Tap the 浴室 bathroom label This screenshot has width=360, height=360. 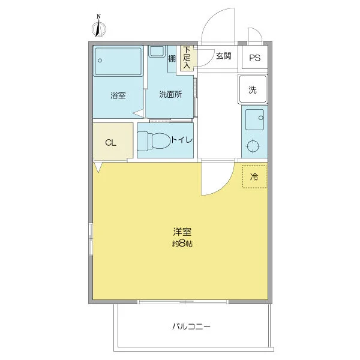click(x=118, y=95)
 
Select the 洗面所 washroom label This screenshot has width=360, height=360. click(x=170, y=94)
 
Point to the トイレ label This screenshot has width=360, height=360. click(x=182, y=140)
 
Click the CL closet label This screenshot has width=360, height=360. click(x=110, y=143)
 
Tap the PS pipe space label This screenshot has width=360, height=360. click(x=255, y=58)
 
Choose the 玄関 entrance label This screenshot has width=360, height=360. click(x=223, y=56)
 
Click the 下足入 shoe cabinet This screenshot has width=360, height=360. click(x=187, y=58)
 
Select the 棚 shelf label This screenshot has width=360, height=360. click(x=172, y=59)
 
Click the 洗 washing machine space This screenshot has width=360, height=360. click(x=253, y=89)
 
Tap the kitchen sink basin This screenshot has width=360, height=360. click(x=254, y=119)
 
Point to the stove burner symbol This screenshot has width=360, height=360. click(x=253, y=146)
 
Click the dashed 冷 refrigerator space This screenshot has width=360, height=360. click(x=254, y=176)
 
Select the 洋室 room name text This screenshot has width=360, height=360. click(x=182, y=232)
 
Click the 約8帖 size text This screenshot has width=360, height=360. click(x=182, y=244)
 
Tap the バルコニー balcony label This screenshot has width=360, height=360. click(x=191, y=326)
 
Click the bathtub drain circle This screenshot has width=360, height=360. click(x=100, y=61)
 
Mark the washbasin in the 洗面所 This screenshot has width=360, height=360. click(x=157, y=51)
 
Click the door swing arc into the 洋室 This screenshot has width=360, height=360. click(x=224, y=187)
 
